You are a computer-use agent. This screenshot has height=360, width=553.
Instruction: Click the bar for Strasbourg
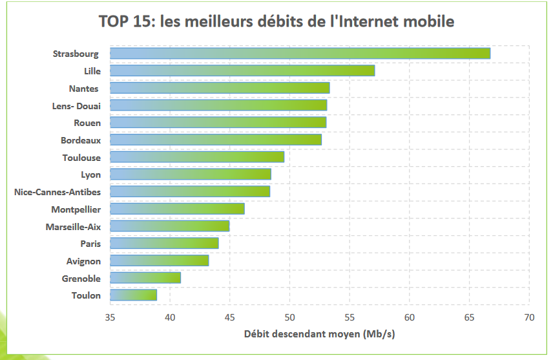tap(300, 53)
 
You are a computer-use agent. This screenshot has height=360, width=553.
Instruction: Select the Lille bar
tap(242, 70)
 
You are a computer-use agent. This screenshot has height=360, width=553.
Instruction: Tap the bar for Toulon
tap(133, 295)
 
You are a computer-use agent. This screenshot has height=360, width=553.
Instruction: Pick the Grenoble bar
tap(145, 278)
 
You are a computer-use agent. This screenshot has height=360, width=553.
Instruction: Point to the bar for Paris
tap(164, 243)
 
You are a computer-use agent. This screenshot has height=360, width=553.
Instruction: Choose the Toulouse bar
tap(197, 157)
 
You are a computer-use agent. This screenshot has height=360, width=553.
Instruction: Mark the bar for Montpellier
tap(177, 209)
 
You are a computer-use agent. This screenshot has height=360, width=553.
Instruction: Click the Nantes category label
tap(83, 89)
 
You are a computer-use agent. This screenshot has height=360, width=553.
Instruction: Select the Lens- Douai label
tap(76, 106)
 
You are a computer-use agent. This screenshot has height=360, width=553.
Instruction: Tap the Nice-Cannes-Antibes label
tap(57, 192)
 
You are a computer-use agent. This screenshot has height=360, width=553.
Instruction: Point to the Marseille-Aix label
tap(73, 227)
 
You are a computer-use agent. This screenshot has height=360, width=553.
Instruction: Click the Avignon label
tap(83, 261)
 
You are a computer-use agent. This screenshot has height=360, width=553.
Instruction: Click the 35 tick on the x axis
tap(110, 317)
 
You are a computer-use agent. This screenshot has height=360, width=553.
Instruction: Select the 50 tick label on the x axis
tap(289, 317)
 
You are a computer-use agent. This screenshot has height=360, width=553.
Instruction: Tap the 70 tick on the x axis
tap(529, 317)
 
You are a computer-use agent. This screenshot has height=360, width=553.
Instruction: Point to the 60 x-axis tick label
tap(410, 317)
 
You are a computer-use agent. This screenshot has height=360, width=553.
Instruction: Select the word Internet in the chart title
tap(366, 21)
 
